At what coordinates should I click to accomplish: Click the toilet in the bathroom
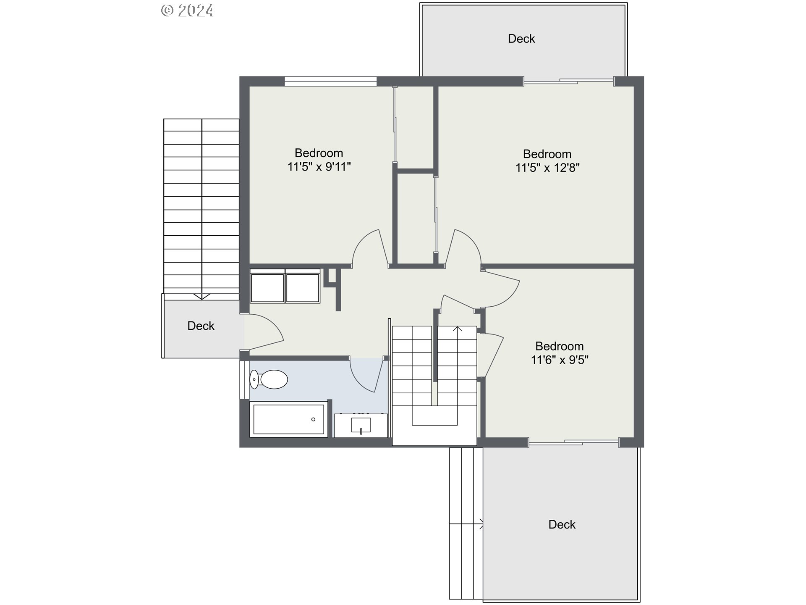point(269,379)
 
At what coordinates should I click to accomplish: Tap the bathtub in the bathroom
point(289,419)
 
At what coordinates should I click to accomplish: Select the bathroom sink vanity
point(361,425)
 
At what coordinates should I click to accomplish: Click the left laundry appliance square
point(267,287)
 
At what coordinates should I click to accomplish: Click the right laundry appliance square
point(302,287)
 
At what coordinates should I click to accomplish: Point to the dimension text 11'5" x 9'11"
point(319,167)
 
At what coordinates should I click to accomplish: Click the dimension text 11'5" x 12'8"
point(547,168)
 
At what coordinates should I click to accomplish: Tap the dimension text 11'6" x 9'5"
point(559,360)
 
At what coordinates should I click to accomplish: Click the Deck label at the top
point(521,39)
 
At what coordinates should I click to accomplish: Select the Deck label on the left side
point(201,326)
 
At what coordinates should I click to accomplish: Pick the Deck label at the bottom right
point(562,524)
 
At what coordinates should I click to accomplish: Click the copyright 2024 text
point(187,11)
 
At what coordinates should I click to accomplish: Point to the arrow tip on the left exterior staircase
point(202,297)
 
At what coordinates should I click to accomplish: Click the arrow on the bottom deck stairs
point(481,524)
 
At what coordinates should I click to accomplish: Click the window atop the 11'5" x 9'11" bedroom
point(330,81)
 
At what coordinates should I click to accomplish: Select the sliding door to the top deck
point(568,82)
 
